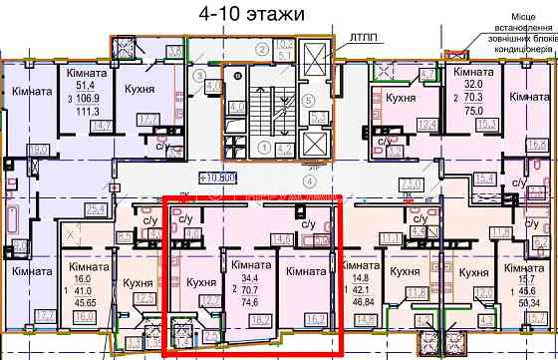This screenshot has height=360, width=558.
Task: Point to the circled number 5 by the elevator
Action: tap(310, 100)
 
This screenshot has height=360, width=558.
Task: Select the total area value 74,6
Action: tap(244, 302)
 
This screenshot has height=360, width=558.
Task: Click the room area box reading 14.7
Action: tap(99, 125)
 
